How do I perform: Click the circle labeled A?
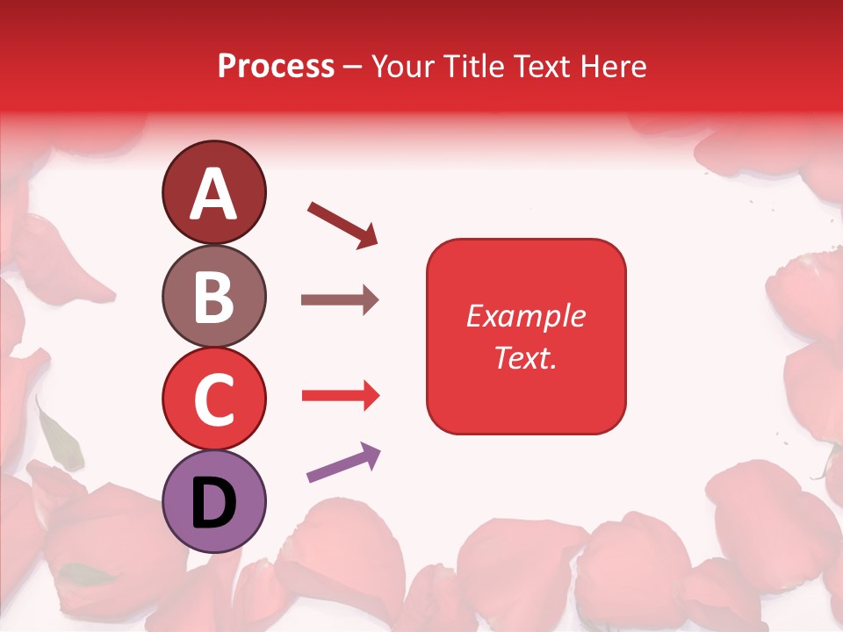coord(213,192)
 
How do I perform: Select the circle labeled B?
coord(213,296)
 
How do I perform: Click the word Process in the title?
coord(276,67)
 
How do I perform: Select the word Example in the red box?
coord(525,316)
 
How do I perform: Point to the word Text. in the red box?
coord(525,357)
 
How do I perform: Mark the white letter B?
coord(213,296)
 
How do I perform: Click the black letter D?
coord(213,503)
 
